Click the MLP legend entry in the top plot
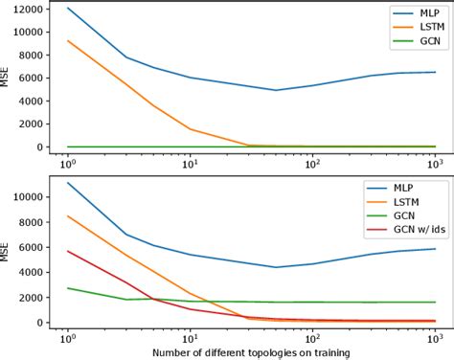click(414, 13)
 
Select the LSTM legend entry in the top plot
click(414, 28)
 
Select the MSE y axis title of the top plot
click(8, 78)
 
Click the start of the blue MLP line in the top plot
click(68, 9)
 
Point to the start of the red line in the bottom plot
click(68, 251)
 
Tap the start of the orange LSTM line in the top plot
click(68, 40)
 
